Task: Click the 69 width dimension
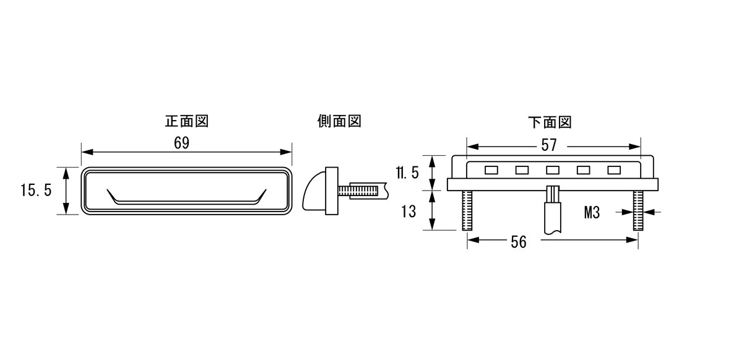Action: pos(182,143)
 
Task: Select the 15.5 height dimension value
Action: pos(36,190)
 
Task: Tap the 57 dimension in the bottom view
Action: pos(549,145)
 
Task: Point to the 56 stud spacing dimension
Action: pos(519,242)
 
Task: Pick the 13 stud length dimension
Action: pos(408,212)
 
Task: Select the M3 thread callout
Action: pos(592,213)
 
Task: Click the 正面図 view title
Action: pos(186,122)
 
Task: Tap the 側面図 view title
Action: pos(339,122)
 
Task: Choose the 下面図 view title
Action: pos(550,122)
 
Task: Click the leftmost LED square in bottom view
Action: pos(491,171)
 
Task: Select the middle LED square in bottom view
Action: pos(553,171)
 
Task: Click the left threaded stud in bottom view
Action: pos(467,210)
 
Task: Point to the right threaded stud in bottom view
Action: pos(638,210)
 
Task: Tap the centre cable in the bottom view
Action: pos(553,210)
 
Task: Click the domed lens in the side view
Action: pos(314,191)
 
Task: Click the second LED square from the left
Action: pos(522,171)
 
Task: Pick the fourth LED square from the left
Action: pos(584,171)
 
